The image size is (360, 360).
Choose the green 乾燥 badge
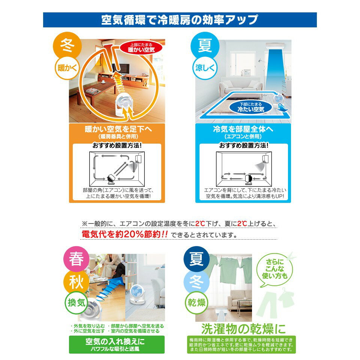tap(196, 302)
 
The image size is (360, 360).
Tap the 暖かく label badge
tap(67, 68)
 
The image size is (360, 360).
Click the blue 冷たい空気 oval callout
tap(251, 108)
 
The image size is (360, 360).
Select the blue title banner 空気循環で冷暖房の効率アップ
tap(180, 19)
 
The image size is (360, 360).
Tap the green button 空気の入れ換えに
tap(117, 344)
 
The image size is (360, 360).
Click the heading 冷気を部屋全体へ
tap(243, 129)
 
